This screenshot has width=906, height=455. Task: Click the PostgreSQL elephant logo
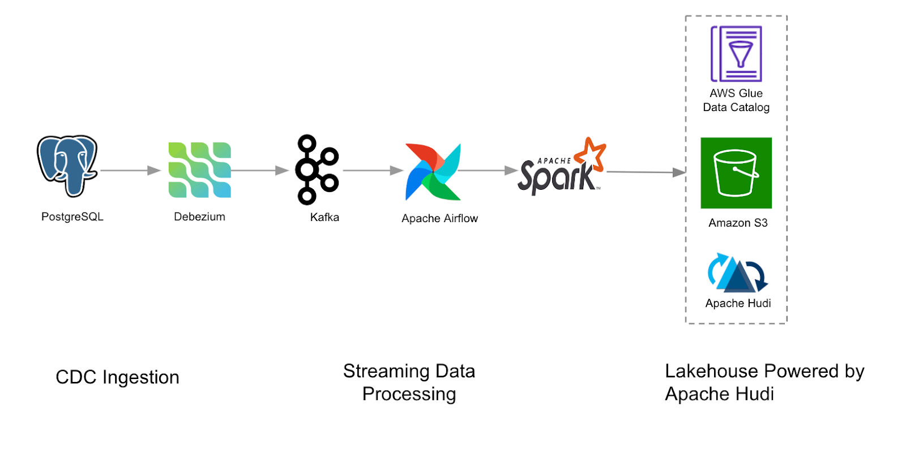(x=67, y=165)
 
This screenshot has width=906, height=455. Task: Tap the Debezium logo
(x=199, y=170)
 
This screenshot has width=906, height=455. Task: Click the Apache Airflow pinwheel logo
(x=433, y=172)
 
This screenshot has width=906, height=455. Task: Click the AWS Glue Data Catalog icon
(x=736, y=54)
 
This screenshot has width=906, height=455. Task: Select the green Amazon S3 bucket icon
(x=736, y=173)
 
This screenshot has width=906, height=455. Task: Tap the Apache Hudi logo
(x=737, y=273)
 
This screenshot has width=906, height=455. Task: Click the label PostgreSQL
(x=72, y=217)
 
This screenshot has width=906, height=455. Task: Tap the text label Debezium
(x=199, y=217)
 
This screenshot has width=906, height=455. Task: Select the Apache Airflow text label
(x=439, y=219)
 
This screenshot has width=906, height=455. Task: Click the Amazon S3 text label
(x=738, y=223)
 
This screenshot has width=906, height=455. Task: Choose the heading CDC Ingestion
(x=117, y=377)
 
